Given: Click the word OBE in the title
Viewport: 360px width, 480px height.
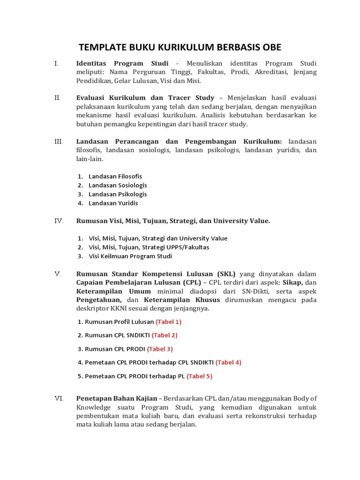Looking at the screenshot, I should click(x=269, y=47).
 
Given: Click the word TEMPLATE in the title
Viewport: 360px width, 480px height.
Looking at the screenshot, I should click(x=101, y=47).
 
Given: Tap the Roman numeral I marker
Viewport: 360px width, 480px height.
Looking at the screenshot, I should click(x=56, y=63).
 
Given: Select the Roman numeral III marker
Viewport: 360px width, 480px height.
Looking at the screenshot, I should click(x=59, y=141).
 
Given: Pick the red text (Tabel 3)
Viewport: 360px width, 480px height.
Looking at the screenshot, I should click(x=160, y=349).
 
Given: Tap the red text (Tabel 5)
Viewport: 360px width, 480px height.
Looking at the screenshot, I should click(x=199, y=376).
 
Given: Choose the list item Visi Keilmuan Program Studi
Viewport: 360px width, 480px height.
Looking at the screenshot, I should click(x=130, y=256).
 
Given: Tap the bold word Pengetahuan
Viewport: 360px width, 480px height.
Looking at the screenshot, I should click(x=99, y=300).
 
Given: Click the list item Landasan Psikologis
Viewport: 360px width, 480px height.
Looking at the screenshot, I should click(x=117, y=194).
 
